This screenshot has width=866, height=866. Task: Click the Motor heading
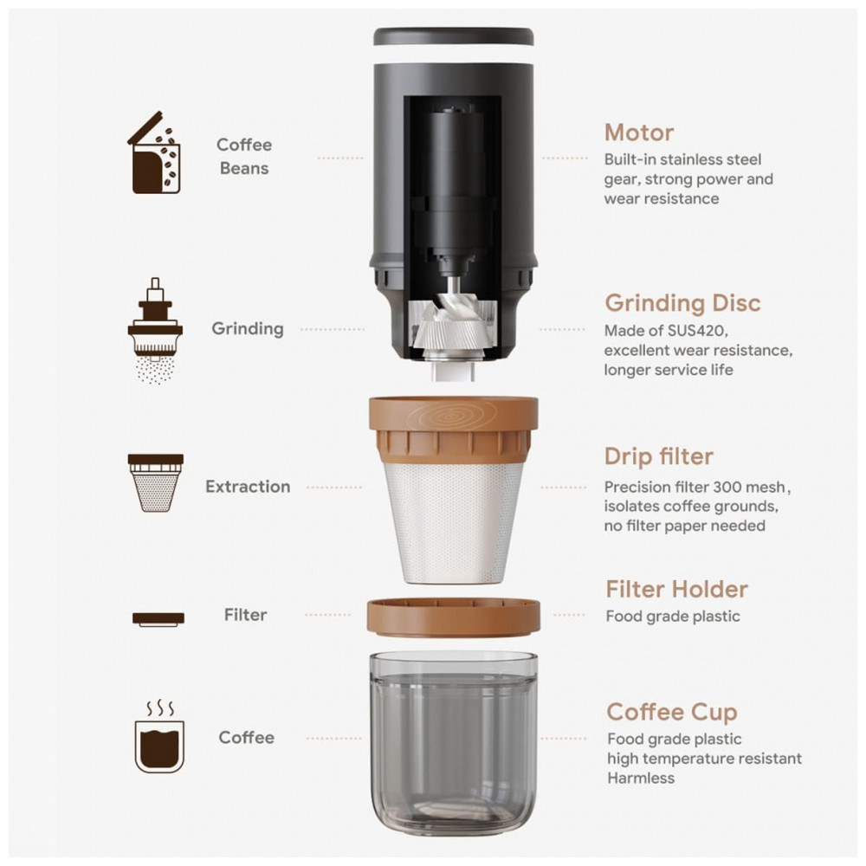639,133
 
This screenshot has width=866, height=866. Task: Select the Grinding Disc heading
682,303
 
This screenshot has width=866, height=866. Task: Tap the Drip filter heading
659,456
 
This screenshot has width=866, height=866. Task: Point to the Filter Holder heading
676,589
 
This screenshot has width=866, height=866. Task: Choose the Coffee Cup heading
672,713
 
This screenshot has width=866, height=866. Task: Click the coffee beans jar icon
154,152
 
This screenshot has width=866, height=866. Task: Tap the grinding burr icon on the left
155,331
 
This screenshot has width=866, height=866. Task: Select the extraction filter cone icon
156,482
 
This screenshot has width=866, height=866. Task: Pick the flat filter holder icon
158,618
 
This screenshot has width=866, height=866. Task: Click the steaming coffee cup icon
159,737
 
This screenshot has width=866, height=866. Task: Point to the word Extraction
248,487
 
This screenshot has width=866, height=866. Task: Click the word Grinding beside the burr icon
248,329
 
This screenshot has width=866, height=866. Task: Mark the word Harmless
641,779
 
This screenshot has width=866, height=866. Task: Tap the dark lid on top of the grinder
454,36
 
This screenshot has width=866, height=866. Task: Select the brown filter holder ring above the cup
454,615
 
